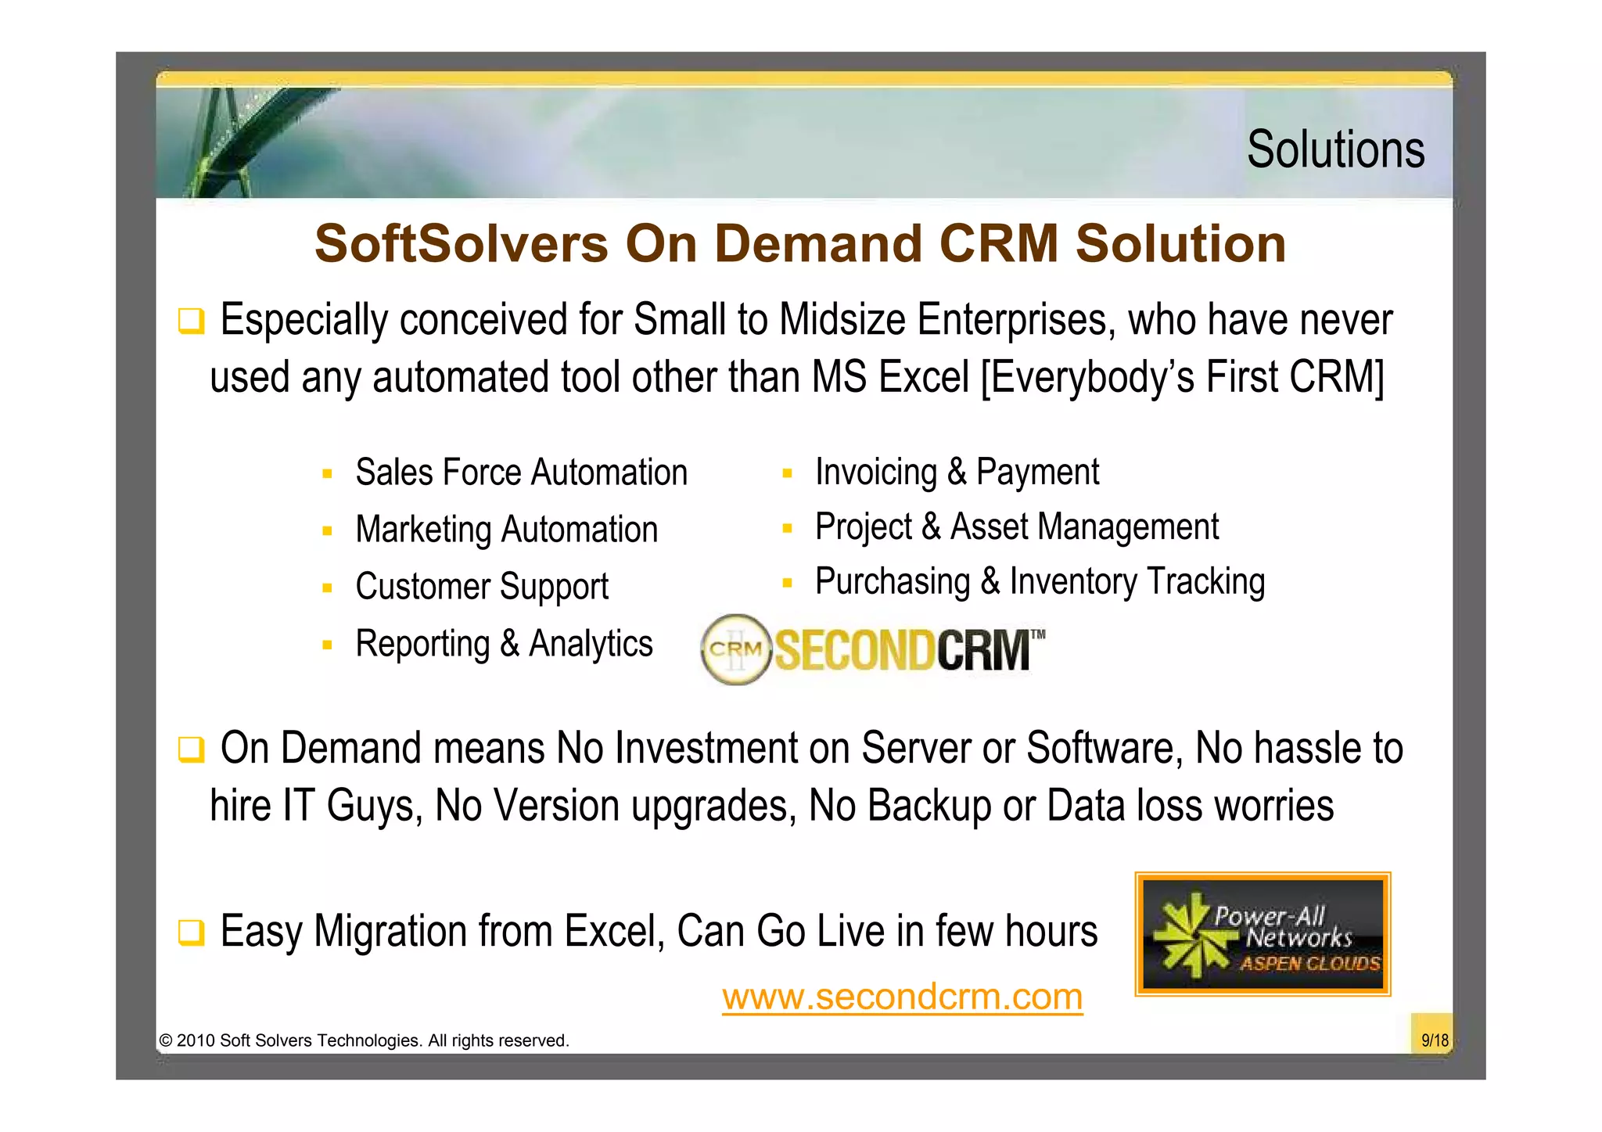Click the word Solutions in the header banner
tap(1335, 149)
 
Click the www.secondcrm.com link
tap(902, 997)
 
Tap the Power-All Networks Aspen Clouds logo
tap(1263, 934)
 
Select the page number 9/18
tap(1434, 1040)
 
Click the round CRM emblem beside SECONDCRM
tap(735, 649)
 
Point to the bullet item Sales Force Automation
tap(521, 473)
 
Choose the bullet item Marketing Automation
tap(506, 530)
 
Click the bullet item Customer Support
tap(481, 587)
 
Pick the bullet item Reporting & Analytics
tap(504, 644)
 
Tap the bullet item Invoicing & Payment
tap(956, 473)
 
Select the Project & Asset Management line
tap(1016, 526)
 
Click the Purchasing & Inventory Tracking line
tap(1040, 582)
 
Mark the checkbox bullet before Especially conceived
tap(191, 322)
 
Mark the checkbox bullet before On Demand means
tap(191, 749)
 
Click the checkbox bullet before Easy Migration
tap(191, 933)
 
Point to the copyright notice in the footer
tap(364, 1040)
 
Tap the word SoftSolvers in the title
tap(462, 243)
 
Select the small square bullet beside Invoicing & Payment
tap(787, 473)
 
